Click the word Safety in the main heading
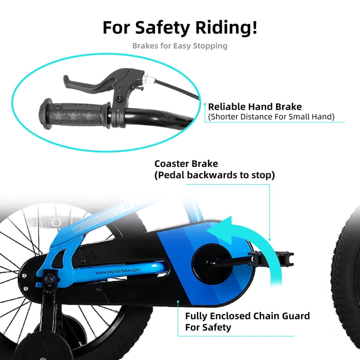162,28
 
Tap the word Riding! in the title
226,28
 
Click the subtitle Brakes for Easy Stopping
180,46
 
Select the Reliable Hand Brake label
255,107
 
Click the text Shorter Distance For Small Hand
271,117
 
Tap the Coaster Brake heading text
186,164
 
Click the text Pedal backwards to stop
214,175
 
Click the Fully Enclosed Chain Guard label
247,316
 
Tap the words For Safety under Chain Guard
208,327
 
